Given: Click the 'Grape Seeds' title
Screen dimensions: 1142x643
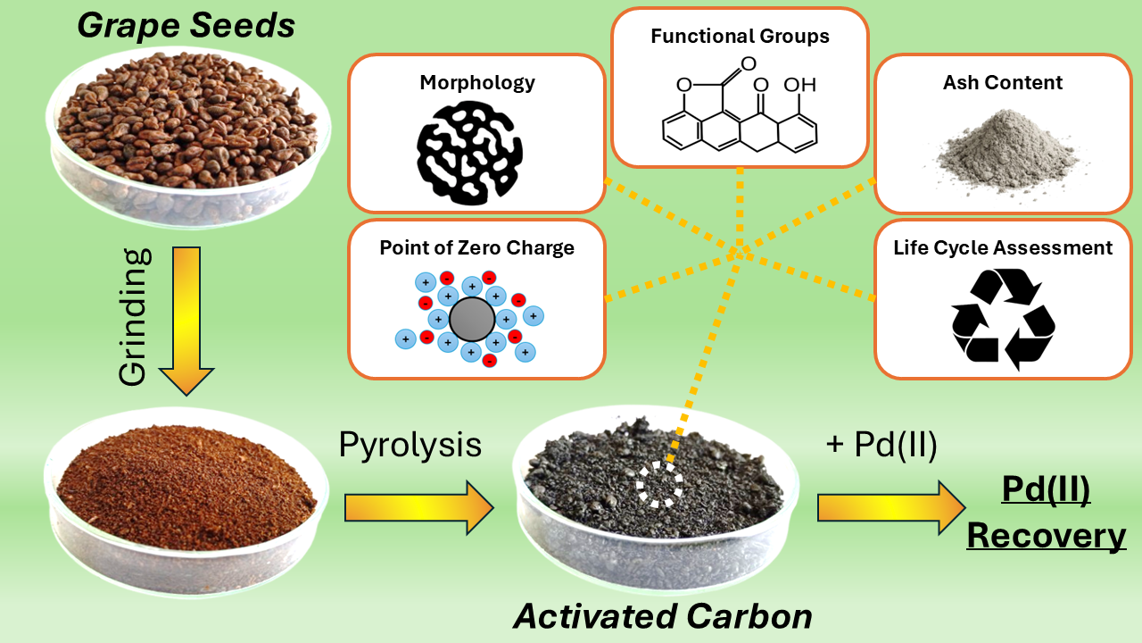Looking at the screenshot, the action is click(x=186, y=25).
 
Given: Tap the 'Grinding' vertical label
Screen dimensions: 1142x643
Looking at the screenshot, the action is click(x=133, y=318).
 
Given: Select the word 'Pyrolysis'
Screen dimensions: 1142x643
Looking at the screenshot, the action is click(x=410, y=445).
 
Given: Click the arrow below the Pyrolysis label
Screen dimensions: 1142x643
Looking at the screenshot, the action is click(x=418, y=508).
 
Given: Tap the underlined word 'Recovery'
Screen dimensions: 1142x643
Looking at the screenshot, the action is click(x=1046, y=537).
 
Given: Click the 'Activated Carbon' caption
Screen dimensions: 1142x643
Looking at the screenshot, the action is click(x=662, y=616).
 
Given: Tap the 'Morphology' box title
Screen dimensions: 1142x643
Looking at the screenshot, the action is click(x=477, y=83).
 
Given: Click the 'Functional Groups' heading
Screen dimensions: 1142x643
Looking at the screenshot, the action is click(x=740, y=37).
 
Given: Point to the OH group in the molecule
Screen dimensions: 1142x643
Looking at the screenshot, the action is click(x=799, y=85).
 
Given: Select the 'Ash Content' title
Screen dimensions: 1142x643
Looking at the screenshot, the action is click(x=1003, y=83).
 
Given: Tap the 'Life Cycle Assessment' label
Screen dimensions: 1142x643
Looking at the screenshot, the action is click(x=1003, y=248).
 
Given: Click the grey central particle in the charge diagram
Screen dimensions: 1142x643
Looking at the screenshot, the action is click(x=471, y=319).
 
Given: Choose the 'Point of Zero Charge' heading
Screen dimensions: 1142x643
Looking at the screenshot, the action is click(x=477, y=248).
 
